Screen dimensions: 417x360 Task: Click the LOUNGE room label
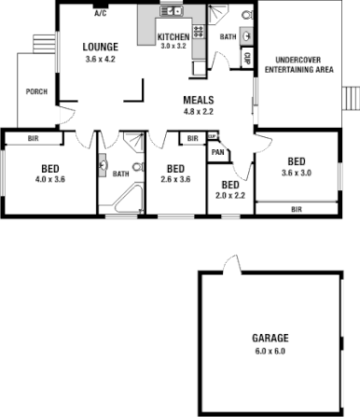click(100, 46)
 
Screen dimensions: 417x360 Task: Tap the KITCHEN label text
click(174, 35)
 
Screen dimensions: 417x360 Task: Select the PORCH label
click(36, 91)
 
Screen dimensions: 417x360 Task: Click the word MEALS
click(200, 99)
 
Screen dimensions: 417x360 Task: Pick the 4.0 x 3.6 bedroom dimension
click(51, 178)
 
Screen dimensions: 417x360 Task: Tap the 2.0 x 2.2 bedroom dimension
click(229, 196)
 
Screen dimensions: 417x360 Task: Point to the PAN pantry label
click(217, 151)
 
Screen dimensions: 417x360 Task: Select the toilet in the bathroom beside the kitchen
click(243, 17)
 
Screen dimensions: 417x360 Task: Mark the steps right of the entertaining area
click(352, 98)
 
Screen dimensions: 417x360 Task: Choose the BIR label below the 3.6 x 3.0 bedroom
click(297, 210)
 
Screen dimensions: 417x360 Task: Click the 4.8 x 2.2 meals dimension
click(200, 111)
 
